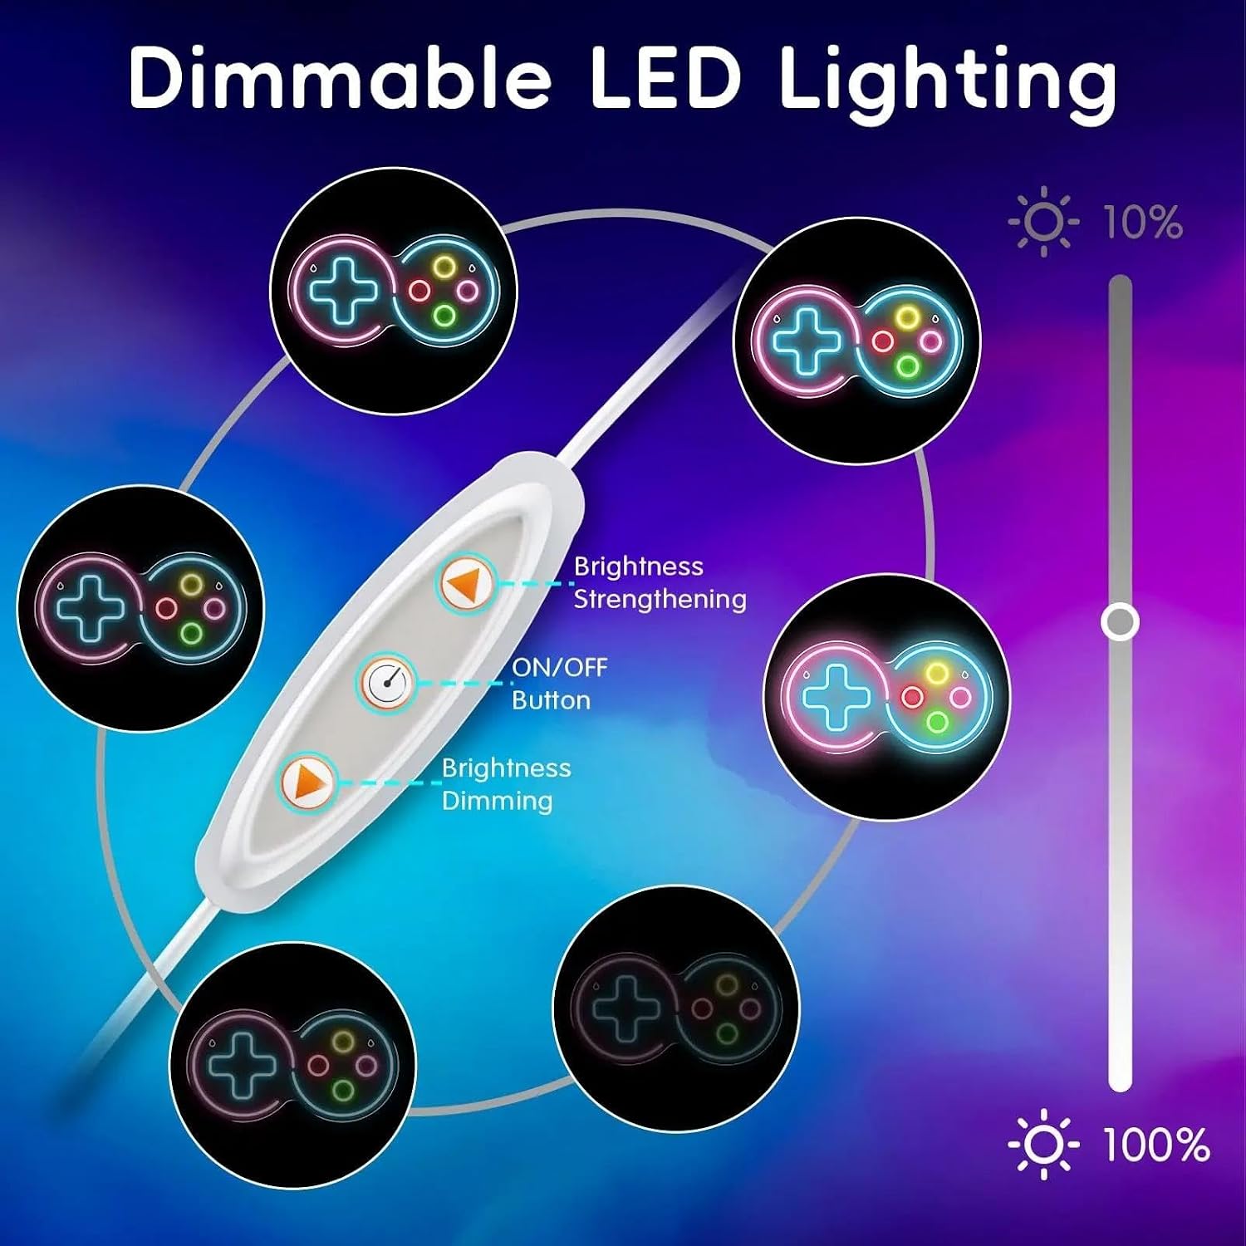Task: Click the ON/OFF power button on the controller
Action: [x=387, y=683]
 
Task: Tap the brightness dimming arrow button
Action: [x=307, y=782]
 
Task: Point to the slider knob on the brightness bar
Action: [x=1120, y=621]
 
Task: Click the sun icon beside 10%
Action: [x=1044, y=223]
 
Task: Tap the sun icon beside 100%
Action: [x=1044, y=1145]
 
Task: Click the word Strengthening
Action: [x=660, y=600]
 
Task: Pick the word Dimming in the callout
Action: [x=497, y=801]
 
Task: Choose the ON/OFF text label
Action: [x=559, y=667]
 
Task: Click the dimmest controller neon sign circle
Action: [x=676, y=1008]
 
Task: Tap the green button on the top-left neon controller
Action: [x=444, y=316]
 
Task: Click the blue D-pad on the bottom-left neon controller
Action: [x=240, y=1064]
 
